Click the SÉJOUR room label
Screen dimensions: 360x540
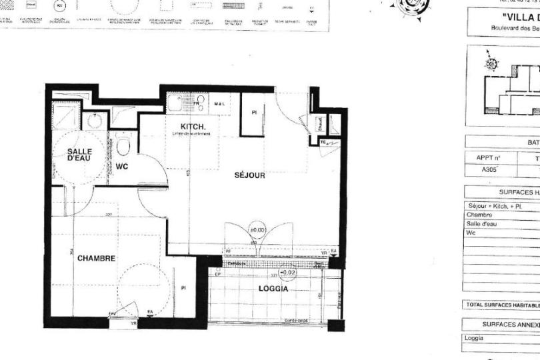tap(250, 175)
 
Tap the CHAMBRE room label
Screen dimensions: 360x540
tap(97, 258)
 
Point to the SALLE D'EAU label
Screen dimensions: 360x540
tap(79, 155)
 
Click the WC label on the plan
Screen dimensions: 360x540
tap(121, 167)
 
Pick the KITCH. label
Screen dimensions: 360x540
tap(193, 127)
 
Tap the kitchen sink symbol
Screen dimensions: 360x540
tap(177, 104)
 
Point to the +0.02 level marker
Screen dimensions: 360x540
tap(287, 273)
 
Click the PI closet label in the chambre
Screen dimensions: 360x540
tap(183, 288)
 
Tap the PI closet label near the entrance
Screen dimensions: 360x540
tap(254, 113)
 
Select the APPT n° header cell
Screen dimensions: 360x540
tap(488, 158)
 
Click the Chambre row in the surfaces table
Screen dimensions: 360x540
tap(480, 215)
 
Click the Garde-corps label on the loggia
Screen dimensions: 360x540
tap(295, 321)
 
